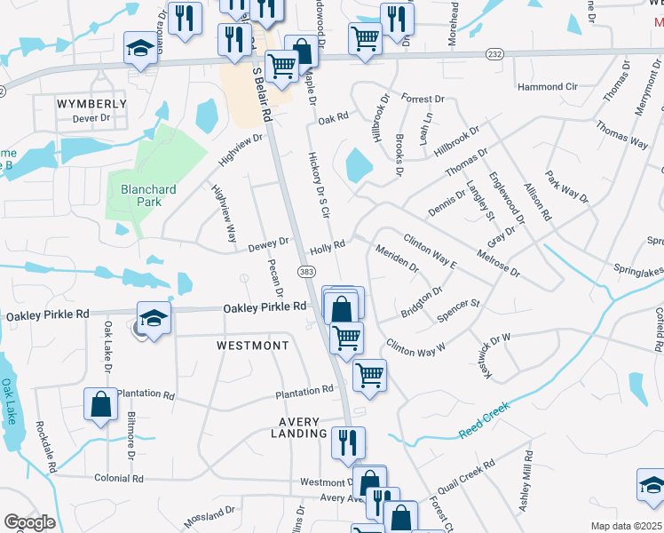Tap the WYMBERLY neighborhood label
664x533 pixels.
[x=91, y=104]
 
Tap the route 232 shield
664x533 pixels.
[x=494, y=55]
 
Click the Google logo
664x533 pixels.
[x=29, y=522]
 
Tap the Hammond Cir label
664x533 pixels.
[x=548, y=87]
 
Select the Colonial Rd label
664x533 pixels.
[x=118, y=478]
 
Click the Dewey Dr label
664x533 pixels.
[x=268, y=242]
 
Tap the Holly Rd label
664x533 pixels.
[x=327, y=244]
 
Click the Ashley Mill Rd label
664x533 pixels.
[x=527, y=480]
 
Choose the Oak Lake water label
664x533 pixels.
[x=8, y=402]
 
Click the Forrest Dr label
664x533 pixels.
[x=422, y=99]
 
